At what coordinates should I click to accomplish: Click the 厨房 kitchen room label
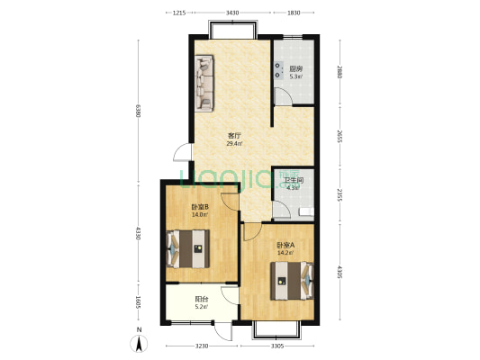[295, 67]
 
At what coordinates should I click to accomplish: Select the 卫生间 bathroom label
[293, 181]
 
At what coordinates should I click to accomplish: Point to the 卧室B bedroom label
[200, 207]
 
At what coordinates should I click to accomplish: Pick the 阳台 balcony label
[200, 300]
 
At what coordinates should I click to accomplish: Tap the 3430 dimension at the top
[232, 12]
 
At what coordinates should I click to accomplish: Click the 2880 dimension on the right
[340, 72]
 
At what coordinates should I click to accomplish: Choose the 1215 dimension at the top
[178, 12]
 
